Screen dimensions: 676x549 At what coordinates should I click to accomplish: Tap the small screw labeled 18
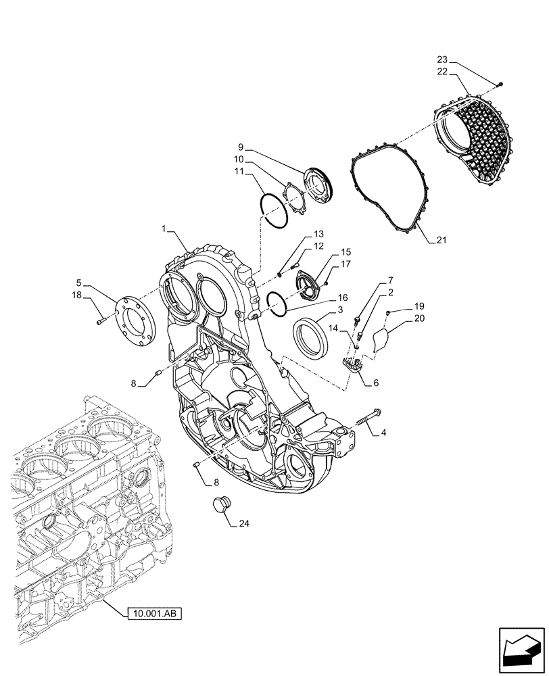click(x=101, y=323)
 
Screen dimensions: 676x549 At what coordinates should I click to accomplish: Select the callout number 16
click(x=343, y=297)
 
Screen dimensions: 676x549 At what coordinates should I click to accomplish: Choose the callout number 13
click(x=318, y=234)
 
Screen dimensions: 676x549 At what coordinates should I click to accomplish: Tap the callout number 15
click(x=346, y=251)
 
